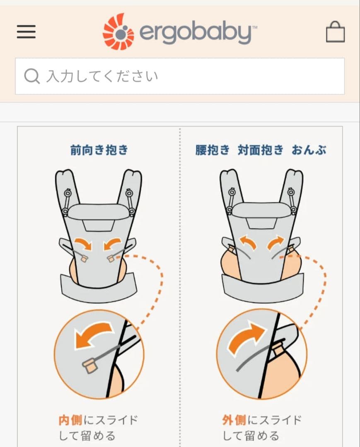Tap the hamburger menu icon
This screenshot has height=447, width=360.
point(26,32)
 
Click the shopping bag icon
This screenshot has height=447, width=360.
point(335,32)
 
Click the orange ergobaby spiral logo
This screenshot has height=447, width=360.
point(118,32)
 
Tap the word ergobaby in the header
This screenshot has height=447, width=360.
point(195,33)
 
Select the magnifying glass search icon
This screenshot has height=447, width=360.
point(32,76)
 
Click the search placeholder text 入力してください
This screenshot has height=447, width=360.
point(102,77)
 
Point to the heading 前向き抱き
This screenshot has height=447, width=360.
point(99,150)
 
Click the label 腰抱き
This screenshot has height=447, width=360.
point(212,150)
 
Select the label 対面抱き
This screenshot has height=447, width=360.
point(261,150)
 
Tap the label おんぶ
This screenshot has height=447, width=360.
point(309,150)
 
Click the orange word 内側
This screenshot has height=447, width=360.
point(70,421)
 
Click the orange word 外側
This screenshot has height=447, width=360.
point(234,421)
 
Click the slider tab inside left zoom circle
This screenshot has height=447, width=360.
point(90,365)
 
